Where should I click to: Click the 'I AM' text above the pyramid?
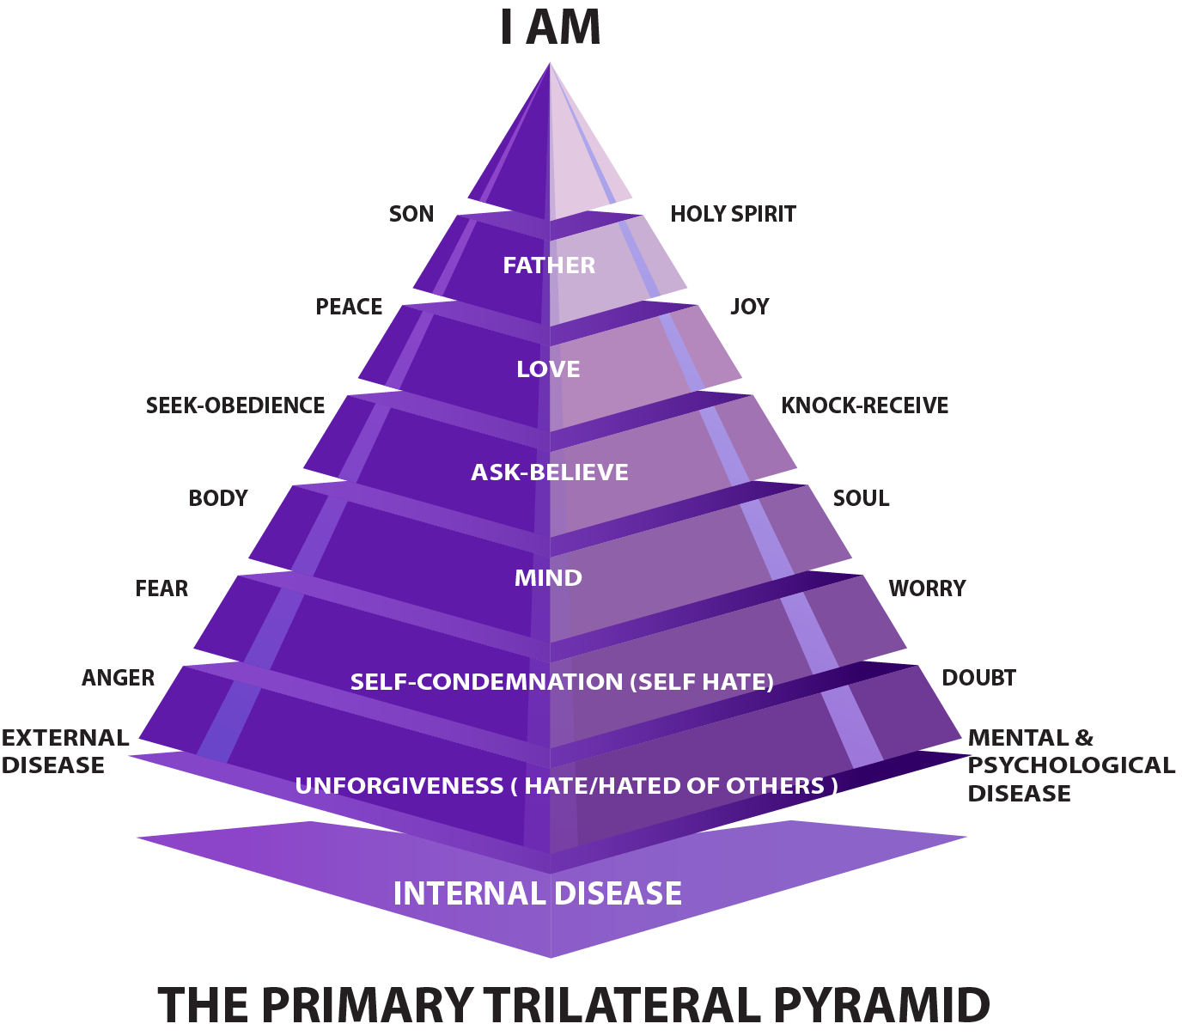550,28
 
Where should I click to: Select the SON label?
411,214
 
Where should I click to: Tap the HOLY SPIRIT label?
733,214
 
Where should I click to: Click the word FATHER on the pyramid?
549,265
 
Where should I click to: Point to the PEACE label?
349,307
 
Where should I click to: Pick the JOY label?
749,307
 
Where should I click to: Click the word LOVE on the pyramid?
548,369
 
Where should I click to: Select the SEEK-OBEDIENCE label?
235,405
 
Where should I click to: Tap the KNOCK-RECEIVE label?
864,405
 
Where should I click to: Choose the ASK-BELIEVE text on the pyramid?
550,472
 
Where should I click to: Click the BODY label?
218,498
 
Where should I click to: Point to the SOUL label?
861,498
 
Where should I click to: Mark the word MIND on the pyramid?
548,578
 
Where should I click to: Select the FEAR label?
161,588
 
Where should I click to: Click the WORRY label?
927,588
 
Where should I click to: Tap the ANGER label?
119,678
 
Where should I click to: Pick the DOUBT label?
978,678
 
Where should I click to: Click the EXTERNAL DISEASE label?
64,752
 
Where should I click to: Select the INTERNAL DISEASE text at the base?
537,893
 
